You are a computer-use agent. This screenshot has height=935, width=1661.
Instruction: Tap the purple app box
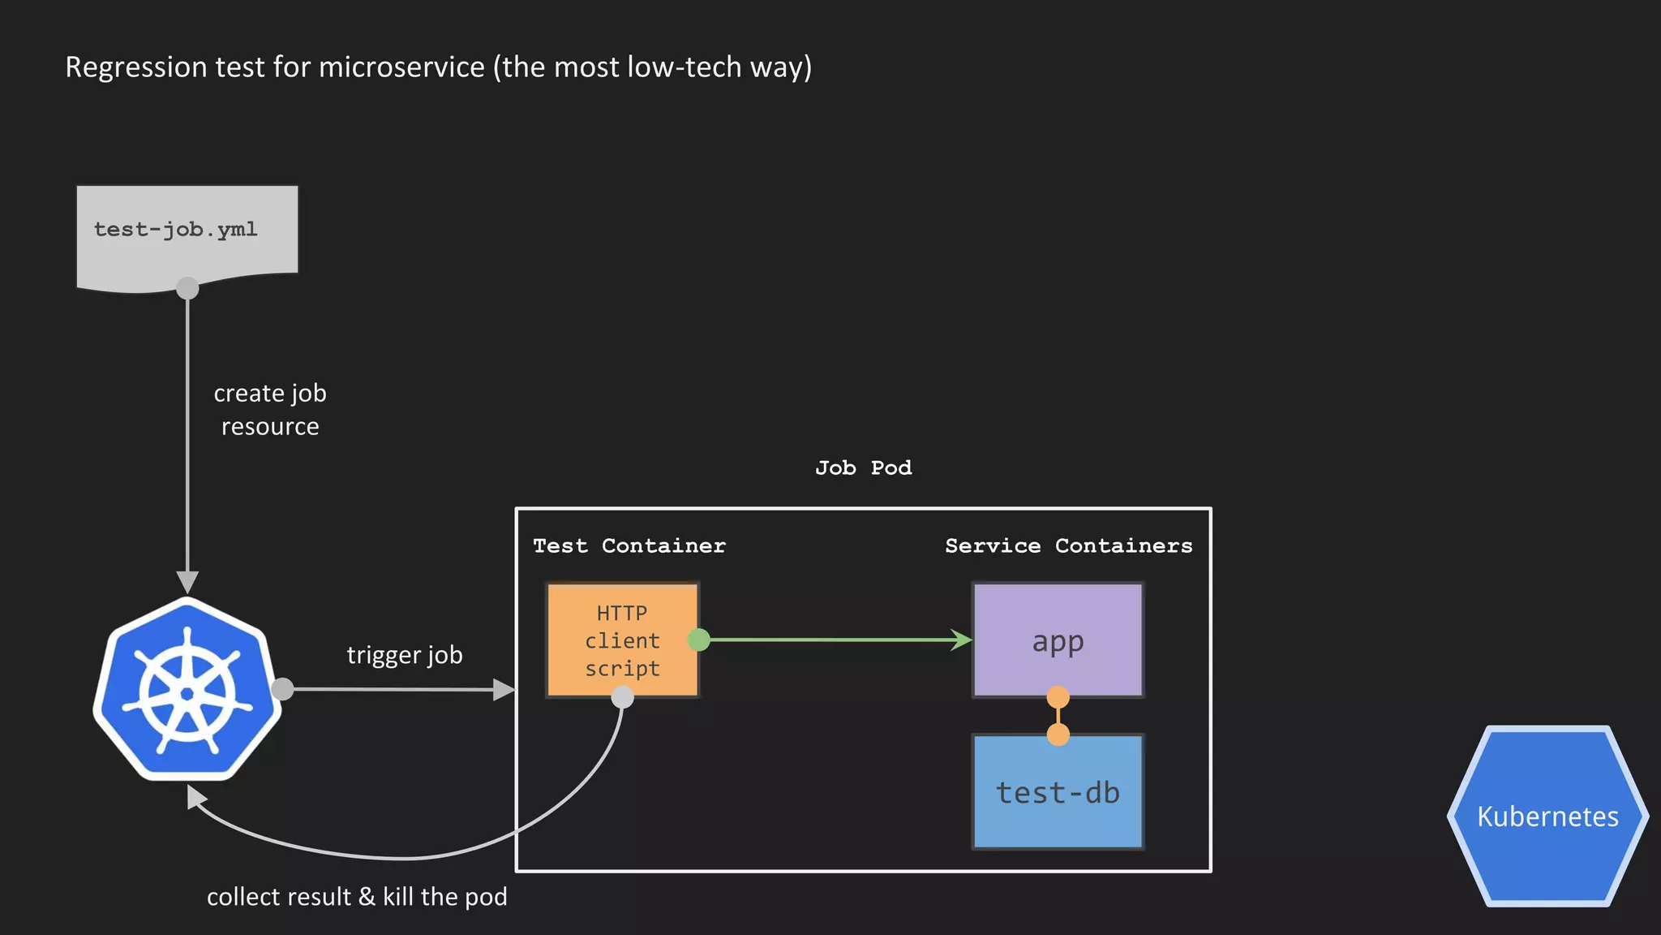coord(1058,640)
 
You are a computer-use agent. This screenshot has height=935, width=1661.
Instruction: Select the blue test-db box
coord(1058,792)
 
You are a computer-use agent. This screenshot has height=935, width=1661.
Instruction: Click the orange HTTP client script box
coord(622,640)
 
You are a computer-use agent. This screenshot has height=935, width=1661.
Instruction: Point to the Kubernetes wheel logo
coord(187,690)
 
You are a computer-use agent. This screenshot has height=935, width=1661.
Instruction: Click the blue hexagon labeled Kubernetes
coord(1547,816)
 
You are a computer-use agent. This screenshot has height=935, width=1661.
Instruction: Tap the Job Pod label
coord(863,468)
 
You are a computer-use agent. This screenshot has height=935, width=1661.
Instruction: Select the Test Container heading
coord(629,546)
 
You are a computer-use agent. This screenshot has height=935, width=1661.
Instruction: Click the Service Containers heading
coord(1068,546)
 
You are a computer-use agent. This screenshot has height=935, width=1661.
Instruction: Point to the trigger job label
coord(405,655)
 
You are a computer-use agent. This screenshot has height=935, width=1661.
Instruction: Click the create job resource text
coord(270,410)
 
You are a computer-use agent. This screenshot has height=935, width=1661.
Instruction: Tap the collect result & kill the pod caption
coord(357,897)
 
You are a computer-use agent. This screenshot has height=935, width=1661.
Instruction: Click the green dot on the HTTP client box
coord(698,640)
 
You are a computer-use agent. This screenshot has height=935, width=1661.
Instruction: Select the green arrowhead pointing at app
coord(962,640)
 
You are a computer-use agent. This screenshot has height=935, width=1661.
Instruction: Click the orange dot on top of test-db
coord(1058,735)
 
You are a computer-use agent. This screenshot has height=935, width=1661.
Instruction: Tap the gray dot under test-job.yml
coord(187,288)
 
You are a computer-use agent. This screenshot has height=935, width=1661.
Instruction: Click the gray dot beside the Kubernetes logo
coord(282,689)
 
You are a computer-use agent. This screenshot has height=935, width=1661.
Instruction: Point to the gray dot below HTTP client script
coord(622,696)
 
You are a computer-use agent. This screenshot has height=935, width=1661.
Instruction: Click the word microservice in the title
coord(401,67)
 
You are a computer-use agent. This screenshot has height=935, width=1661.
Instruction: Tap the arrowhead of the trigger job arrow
coord(504,690)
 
